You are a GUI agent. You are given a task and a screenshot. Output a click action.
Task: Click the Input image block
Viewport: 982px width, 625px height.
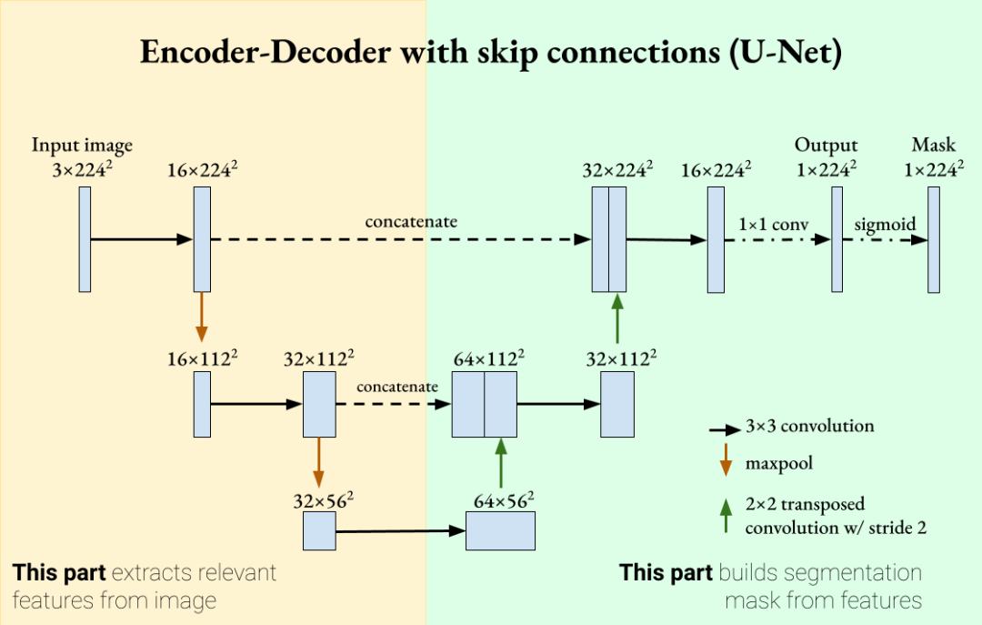[85, 239]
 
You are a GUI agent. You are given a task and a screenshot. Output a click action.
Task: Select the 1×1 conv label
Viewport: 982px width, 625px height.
[774, 224]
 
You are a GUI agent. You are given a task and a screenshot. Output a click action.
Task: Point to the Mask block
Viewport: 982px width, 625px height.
[934, 239]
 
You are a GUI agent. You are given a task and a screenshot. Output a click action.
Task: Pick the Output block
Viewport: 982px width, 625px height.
[837, 239]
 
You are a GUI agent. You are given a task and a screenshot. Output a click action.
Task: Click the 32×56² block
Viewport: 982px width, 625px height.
[319, 530]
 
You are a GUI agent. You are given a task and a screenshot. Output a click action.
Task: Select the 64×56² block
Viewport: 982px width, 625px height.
[500, 530]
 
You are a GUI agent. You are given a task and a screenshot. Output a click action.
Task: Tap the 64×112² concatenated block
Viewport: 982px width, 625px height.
[485, 404]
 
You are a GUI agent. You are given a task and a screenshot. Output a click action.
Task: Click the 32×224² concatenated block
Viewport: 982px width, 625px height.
[609, 239]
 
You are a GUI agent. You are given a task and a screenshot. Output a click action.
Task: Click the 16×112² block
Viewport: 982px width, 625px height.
[202, 404]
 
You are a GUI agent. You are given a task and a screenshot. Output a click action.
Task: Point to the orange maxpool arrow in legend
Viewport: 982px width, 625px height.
[725, 463]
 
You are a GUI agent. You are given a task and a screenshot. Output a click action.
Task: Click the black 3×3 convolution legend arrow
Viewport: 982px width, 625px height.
[724, 428]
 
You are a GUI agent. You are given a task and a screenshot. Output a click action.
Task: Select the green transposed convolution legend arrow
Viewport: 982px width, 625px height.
[725, 514]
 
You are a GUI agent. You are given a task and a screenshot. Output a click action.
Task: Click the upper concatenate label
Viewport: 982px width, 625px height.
[411, 222]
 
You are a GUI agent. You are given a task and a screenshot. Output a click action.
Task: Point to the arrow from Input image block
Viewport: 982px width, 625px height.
[141, 239]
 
